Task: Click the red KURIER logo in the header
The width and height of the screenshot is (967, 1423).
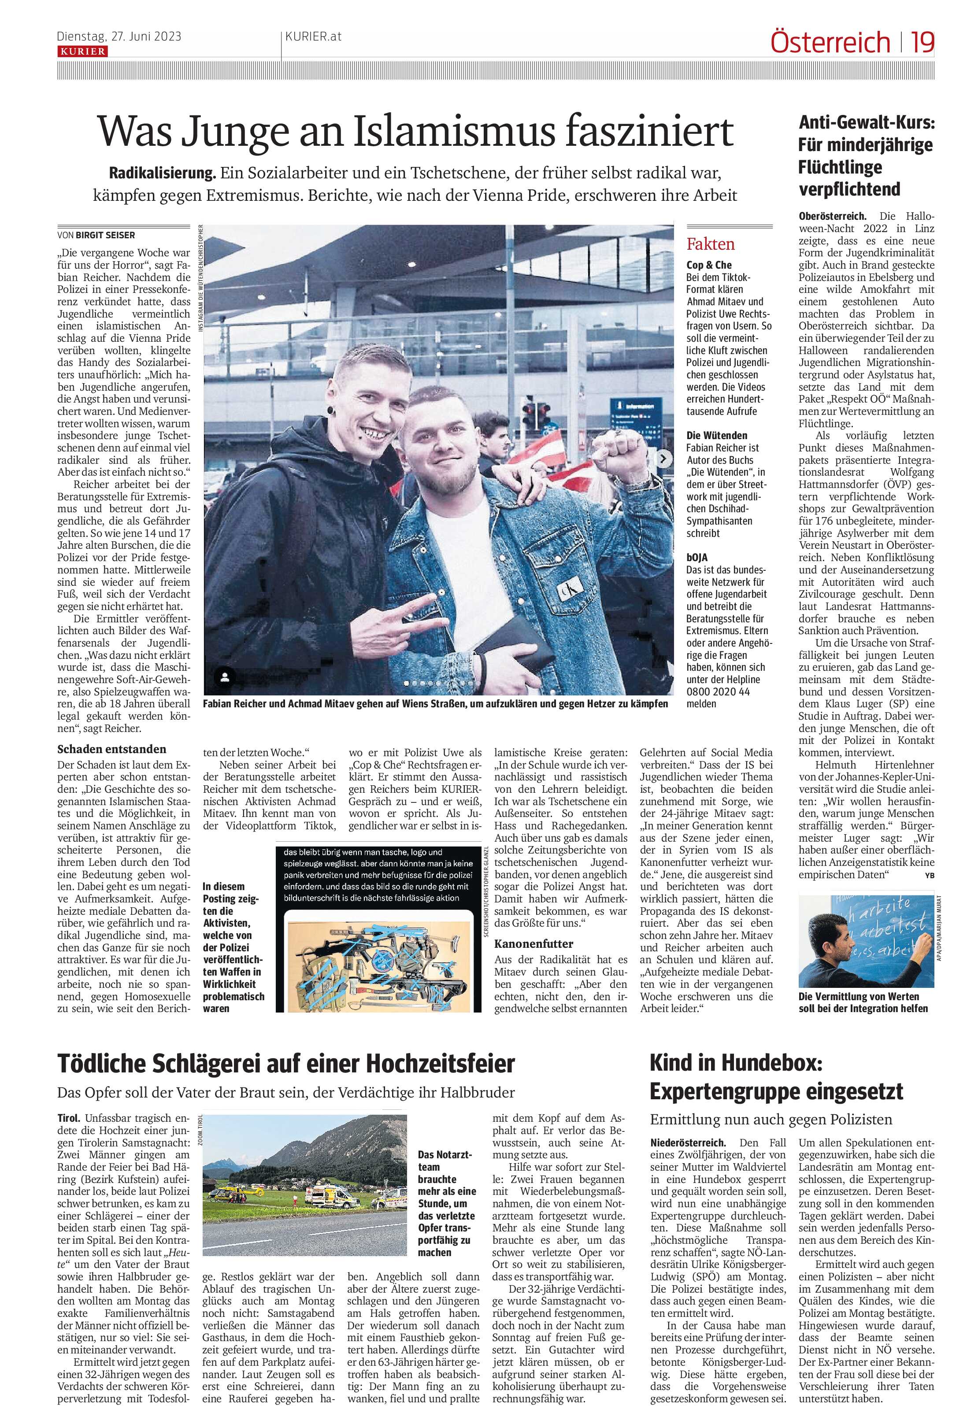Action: [82, 52]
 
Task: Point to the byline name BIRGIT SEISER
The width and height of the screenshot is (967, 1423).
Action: [105, 234]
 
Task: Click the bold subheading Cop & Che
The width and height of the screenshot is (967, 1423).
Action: [708, 265]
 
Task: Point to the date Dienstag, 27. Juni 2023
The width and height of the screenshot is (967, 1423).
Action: [119, 37]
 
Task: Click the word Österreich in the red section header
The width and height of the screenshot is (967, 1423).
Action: [830, 43]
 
